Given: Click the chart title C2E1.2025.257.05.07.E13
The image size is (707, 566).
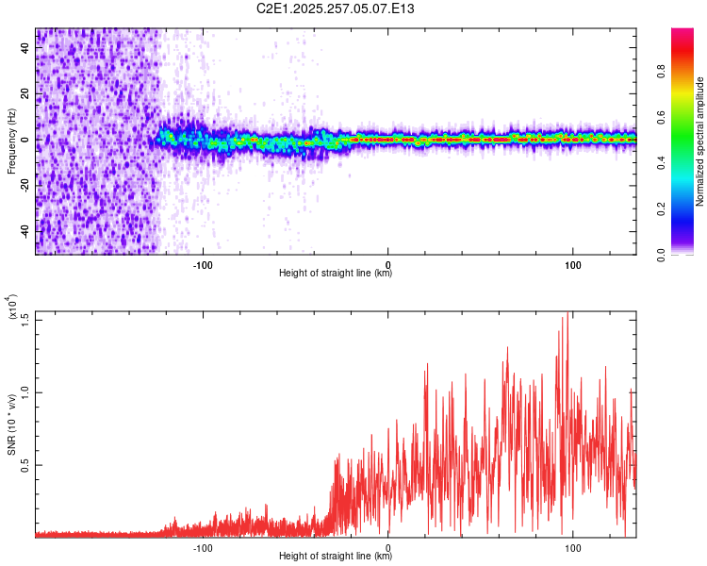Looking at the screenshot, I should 336,8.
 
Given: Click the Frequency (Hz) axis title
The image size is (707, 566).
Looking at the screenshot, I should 10,141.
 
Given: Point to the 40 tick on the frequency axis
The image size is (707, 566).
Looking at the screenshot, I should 25,49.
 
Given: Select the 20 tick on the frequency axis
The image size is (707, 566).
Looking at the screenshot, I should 25,94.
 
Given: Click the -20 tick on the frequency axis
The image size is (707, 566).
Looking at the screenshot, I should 25,185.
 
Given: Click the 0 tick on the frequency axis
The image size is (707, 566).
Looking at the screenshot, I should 25,140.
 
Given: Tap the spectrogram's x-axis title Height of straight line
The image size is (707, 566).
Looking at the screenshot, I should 336,274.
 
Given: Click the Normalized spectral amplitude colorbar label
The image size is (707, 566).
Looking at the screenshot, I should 700,141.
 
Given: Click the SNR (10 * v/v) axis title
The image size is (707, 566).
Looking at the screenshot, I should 11,424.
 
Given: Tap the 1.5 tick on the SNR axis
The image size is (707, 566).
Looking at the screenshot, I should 25,318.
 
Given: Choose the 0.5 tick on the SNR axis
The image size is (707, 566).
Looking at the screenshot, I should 25,465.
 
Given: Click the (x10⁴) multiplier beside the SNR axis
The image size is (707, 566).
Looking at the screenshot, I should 10,307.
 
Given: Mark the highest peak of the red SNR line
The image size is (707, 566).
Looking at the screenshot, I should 567,313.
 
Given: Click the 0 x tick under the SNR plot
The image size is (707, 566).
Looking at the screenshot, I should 388,547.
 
